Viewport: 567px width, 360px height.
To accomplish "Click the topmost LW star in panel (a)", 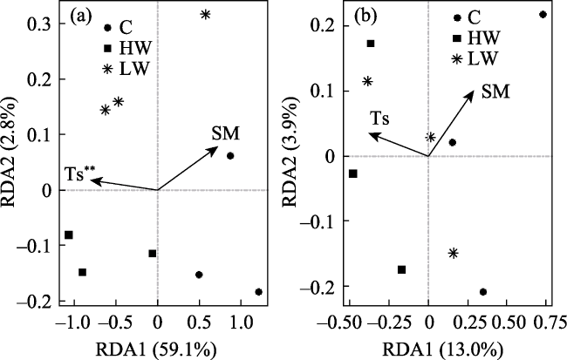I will point(205,15).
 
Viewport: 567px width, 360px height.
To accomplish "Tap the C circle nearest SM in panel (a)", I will point(230,156).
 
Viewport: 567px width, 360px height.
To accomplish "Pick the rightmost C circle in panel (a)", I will point(258,292).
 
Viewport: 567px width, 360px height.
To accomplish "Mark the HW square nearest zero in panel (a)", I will point(152,254).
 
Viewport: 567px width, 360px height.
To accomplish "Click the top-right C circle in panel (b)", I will point(543,15).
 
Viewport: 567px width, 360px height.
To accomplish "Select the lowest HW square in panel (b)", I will point(402,269).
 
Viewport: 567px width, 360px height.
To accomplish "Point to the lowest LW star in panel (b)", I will point(454,253).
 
